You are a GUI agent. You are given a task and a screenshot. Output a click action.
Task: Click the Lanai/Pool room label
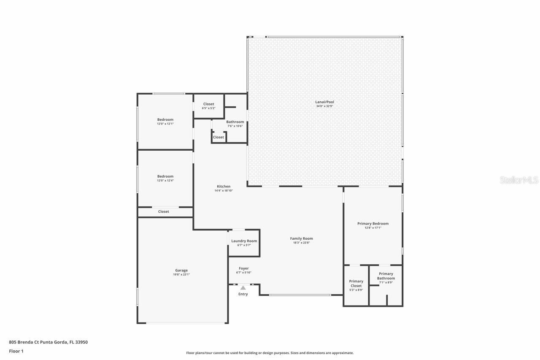[x=324, y=102]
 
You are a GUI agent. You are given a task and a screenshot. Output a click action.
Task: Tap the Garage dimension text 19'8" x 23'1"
[x=181, y=275]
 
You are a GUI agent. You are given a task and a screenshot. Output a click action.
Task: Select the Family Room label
[x=301, y=238]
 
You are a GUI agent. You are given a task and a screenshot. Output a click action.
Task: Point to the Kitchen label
[x=224, y=186]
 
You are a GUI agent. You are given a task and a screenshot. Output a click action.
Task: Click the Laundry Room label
[x=244, y=241]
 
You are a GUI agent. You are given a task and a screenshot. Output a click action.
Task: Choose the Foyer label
[x=243, y=268]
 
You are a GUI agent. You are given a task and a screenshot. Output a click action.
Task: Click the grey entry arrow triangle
[x=243, y=288]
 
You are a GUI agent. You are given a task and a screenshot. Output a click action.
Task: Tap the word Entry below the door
[x=243, y=294]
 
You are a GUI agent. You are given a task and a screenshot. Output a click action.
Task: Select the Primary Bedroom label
[x=373, y=223]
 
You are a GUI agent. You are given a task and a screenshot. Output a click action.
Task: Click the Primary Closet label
[x=356, y=283]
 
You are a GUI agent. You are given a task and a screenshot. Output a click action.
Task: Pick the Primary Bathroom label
[x=386, y=276]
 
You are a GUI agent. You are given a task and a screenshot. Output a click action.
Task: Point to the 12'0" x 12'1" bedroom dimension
[x=165, y=124]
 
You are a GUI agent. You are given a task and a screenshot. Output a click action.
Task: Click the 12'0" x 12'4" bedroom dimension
[x=165, y=181]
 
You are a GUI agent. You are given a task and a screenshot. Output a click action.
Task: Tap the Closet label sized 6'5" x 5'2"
[x=208, y=104]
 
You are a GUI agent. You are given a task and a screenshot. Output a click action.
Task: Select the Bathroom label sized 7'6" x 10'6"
[x=235, y=122]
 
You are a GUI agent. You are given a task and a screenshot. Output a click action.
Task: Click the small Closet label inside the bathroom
[x=219, y=137]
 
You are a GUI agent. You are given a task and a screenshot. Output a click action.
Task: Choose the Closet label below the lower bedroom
[x=164, y=211]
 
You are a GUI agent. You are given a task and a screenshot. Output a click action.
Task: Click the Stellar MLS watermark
[x=519, y=180]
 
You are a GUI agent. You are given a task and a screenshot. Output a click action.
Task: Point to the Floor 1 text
[x=16, y=351]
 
